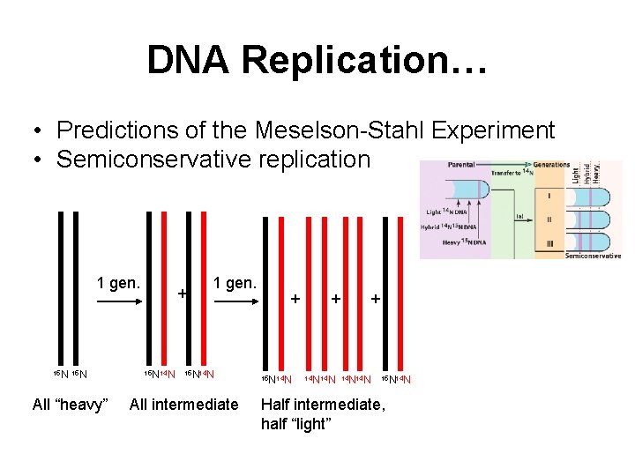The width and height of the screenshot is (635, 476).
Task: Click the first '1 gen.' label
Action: tap(118, 283)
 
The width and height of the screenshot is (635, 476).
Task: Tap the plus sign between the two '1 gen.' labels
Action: tap(182, 293)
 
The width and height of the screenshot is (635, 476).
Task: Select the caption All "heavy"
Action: tap(70, 405)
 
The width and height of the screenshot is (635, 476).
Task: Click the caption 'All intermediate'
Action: tap(183, 405)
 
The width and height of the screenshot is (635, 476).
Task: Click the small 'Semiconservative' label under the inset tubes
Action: tap(592, 255)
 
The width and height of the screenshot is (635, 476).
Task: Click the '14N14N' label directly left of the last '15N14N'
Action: tap(355, 379)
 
